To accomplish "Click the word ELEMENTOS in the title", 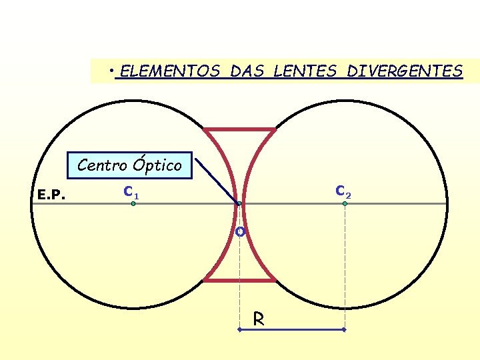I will (171, 71).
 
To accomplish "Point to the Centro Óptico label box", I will (129, 165).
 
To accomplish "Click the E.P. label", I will (51, 195).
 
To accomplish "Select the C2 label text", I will (343, 191).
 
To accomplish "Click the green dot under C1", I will (133, 203).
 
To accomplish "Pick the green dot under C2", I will (345, 203).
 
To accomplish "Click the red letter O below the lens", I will (239, 232).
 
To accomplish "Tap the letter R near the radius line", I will (259, 320).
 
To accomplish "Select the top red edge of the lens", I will (239, 129).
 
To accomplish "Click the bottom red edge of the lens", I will (239, 280).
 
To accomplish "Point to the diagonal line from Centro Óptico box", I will (216, 180).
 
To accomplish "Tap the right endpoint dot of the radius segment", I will (345, 330).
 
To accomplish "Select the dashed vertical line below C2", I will (345, 267).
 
